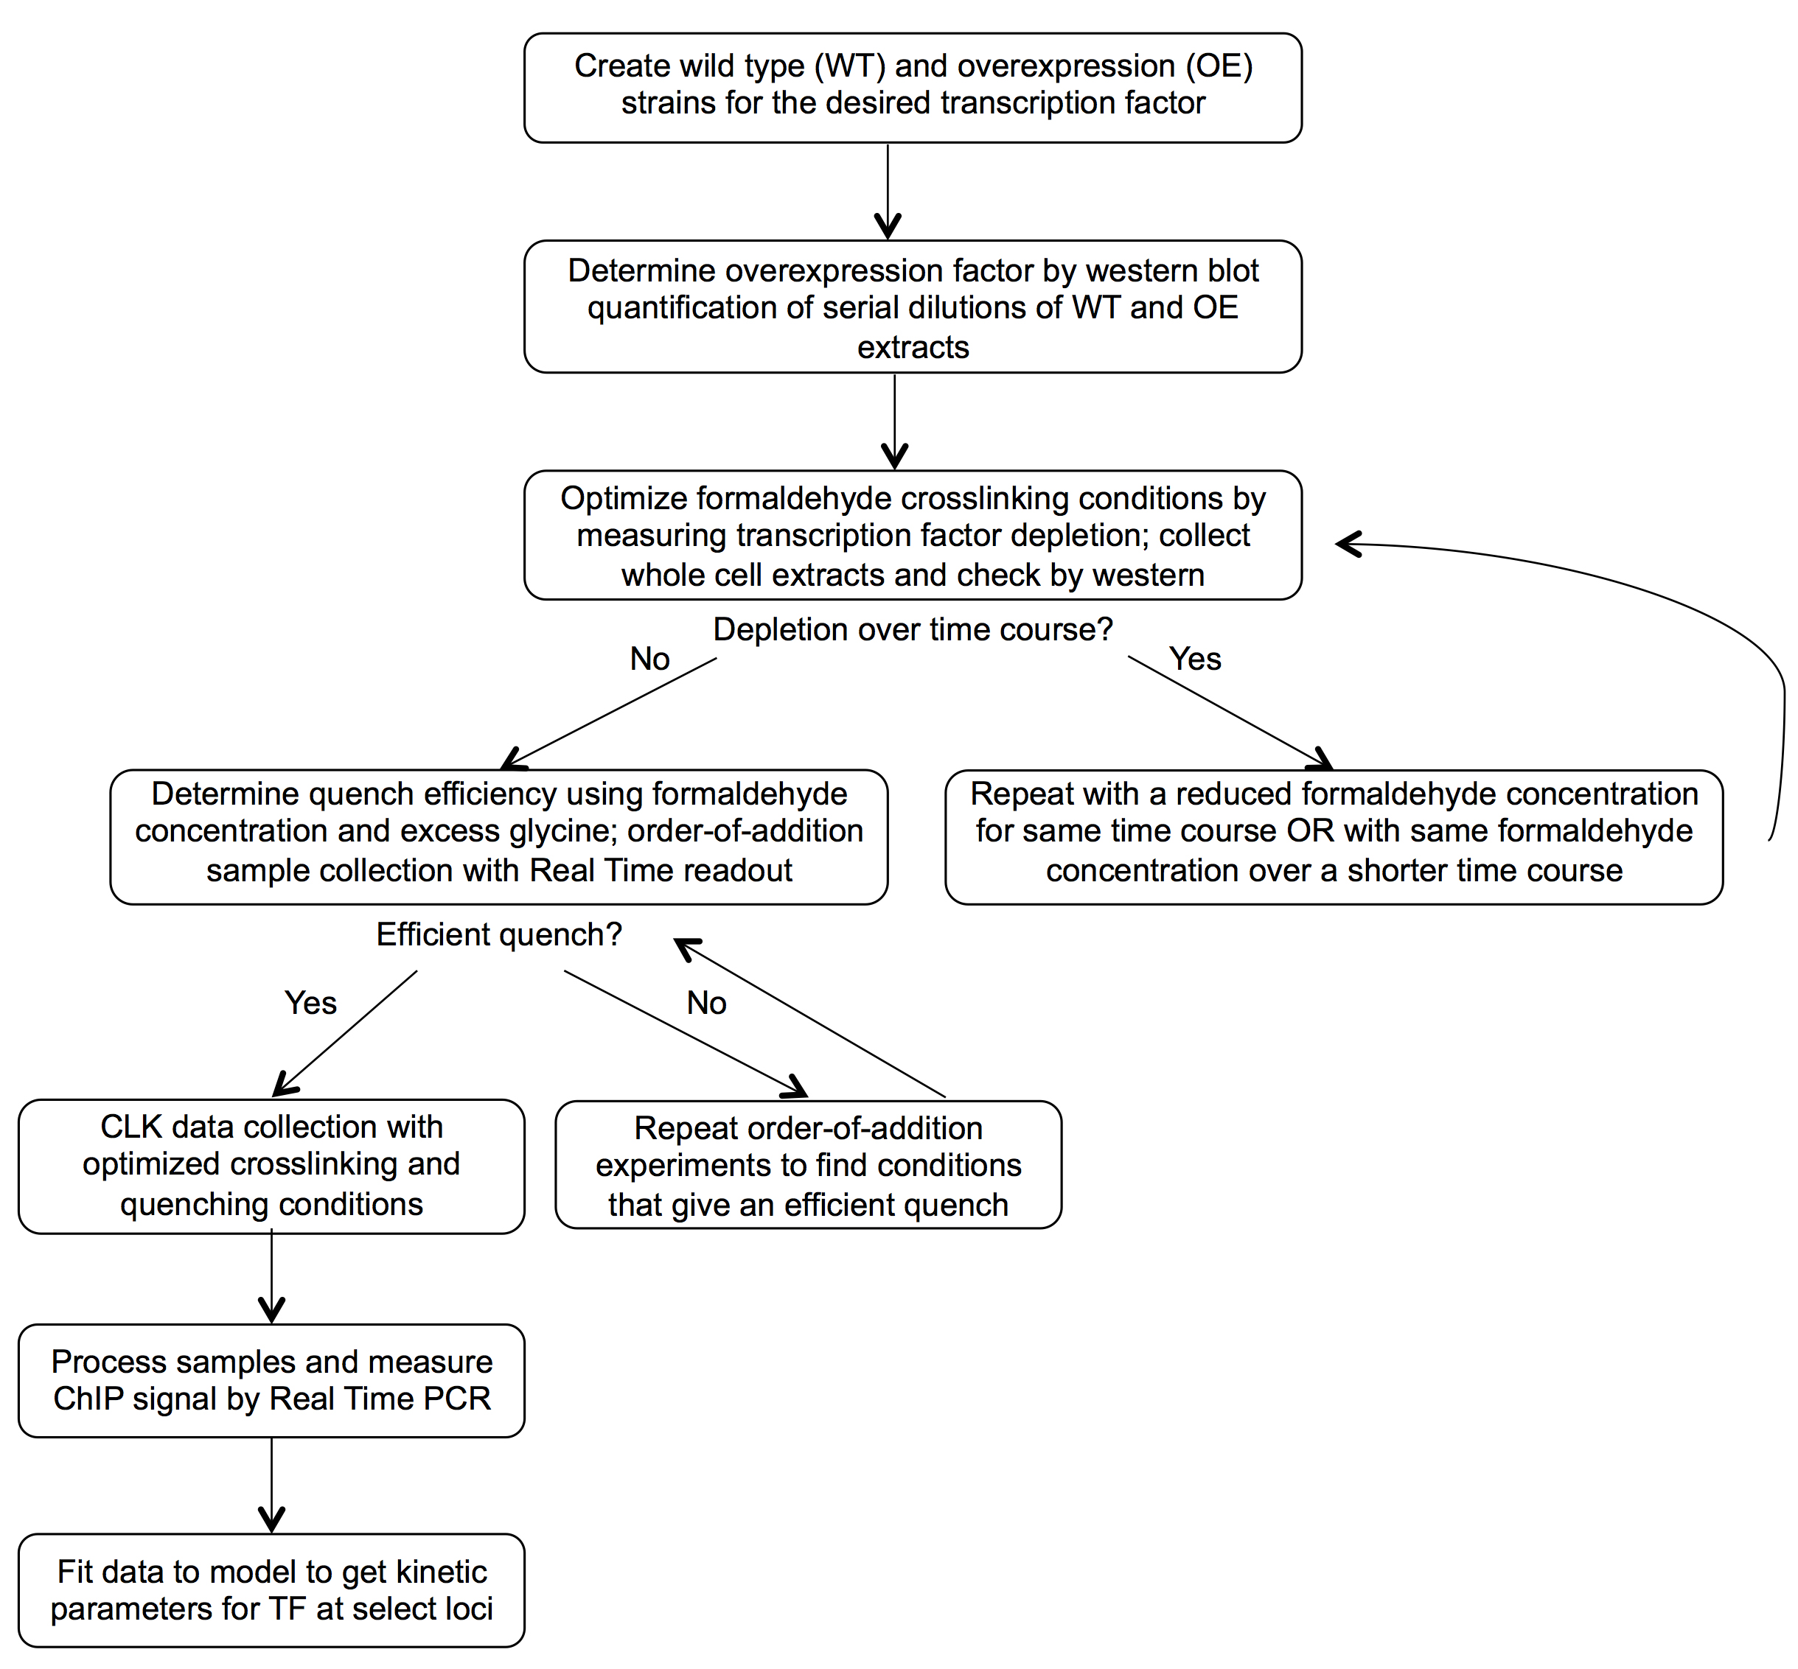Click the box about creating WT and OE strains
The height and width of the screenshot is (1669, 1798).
tap(913, 88)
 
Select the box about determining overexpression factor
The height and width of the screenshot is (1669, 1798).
tap(913, 306)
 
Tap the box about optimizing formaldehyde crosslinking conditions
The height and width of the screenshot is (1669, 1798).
tap(913, 535)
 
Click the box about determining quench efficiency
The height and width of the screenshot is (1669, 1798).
tap(499, 836)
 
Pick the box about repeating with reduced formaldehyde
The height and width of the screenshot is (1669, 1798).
tap(1334, 836)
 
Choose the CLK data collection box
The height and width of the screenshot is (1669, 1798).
tap(271, 1166)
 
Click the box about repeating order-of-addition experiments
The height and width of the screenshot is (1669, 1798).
tap(808, 1164)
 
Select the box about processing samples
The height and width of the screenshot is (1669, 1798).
tap(271, 1380)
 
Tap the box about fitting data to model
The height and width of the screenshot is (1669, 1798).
tap(271, 1589)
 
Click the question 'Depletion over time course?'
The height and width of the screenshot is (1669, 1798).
tap(913, 629)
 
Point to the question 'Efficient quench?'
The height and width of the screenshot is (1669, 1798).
tap(499, 934)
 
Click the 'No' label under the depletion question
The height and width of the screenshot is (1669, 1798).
tap(649, 658)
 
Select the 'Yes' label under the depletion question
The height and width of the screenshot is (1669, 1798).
tap(1194, 658)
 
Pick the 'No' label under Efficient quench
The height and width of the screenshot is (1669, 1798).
tap(706, 1002)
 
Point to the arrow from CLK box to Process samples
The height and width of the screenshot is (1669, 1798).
tap(271, 1277)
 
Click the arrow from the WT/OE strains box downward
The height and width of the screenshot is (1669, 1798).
tap(888, 192)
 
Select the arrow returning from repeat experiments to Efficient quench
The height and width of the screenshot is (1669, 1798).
tap(809, 1018)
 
